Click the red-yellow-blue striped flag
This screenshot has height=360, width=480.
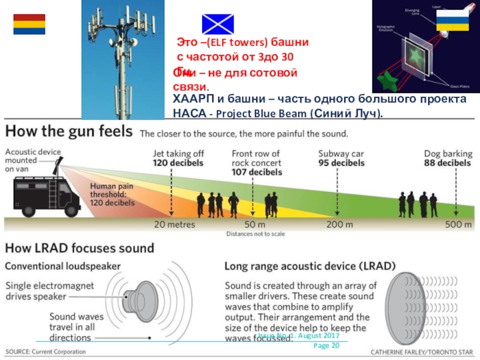pyautogui.click(x=29, y=25)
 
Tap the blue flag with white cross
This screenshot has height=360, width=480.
pyautogui.click(x=218, y=22)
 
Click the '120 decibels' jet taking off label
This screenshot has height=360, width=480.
pyautogui.click(x=178, y=163)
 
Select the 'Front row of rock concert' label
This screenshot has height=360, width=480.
pyautogui.click(x=257, y=163)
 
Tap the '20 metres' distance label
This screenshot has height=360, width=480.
pyautogui.click(x=175, y=225)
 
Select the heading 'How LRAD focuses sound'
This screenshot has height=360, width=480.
pyautogui.click(x=80, y=247)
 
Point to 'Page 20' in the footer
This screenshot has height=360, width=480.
pyautogui.click(x=327, y=346)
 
